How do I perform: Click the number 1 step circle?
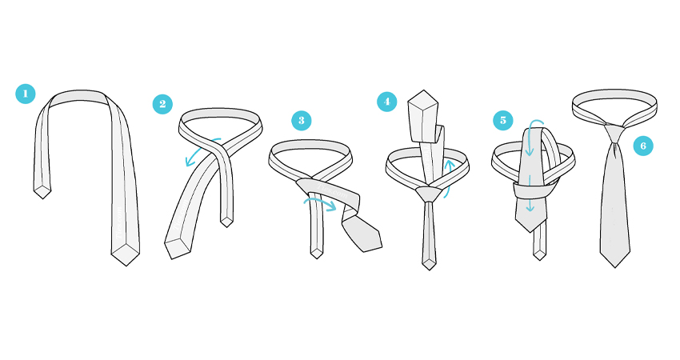[x=25, y=94]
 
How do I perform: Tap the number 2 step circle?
[x=162, y=104]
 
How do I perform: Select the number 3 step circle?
[x=302, y=121]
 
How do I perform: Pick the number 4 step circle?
[x=387, y=102]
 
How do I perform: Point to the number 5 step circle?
[x=503, y=120]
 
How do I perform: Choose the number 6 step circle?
[x=643, y=146]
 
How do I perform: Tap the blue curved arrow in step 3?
[x=320, y=202]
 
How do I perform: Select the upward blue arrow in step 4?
[x=448, y=178]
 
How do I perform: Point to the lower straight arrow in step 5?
[x=530, y=194]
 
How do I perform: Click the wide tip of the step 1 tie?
[x=126, y=266]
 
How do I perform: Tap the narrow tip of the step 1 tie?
[x=42, y=198]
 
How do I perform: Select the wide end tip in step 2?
[x=172, y=259]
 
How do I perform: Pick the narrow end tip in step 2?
[x=227, y=227]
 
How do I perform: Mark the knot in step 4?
[x=429, y=194]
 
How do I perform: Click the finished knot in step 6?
[x=615, y=134]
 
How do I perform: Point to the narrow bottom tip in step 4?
[x=429, y=270]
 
